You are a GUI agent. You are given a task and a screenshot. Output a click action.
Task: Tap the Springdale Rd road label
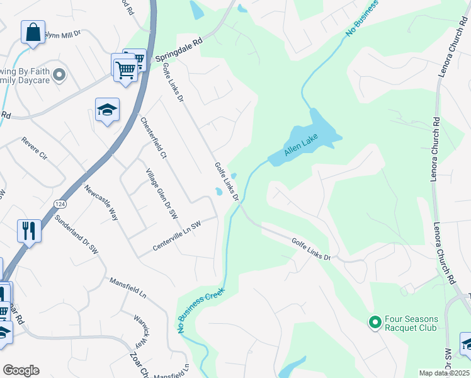180,46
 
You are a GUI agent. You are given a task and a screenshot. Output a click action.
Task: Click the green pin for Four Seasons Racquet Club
375,323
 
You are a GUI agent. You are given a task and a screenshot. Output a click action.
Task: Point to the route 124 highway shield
59,204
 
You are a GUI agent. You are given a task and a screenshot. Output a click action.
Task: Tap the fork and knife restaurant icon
29,231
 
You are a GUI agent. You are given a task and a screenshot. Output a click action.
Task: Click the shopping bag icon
32,31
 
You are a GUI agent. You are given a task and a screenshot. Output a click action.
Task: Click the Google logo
21,370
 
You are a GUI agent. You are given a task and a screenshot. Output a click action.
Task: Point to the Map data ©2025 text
443,373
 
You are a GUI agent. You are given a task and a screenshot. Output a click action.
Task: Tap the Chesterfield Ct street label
153,137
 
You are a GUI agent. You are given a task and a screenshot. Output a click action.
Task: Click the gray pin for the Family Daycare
59,76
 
